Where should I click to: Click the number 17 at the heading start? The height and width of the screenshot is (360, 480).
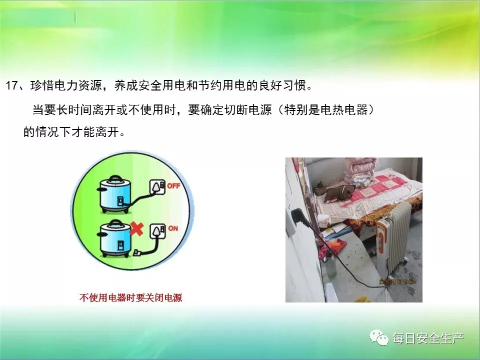pos(12,85)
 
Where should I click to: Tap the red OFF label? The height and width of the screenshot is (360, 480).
pos(173,186)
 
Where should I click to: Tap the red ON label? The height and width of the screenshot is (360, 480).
pos(173,228)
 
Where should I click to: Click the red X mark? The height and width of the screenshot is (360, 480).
pos(136,229)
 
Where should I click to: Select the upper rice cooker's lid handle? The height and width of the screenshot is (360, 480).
pos(115,178)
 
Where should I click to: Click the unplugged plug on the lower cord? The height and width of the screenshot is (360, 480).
pos(136,253)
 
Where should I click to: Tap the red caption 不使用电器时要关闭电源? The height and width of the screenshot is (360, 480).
pos(130,297)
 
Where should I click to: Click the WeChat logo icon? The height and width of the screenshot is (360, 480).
pos(379,337)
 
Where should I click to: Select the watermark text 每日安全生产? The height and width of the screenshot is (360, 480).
pos(428,338)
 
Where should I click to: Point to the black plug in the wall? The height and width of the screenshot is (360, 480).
pos(298,216)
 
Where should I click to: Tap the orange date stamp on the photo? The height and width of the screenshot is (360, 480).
pos(397,281)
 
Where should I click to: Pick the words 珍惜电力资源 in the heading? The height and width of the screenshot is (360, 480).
pos(66,85)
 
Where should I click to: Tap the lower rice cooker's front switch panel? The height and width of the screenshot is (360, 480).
pos(120,245)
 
